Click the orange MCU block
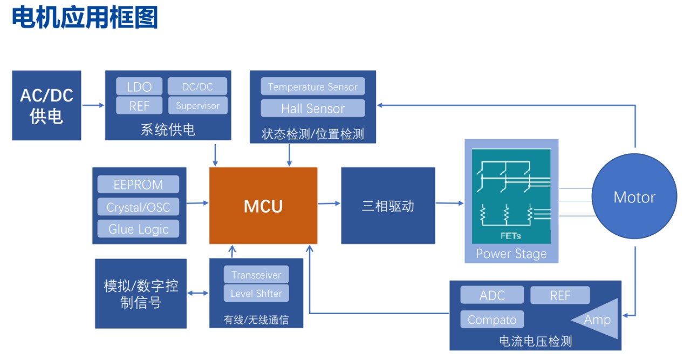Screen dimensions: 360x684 tap(263, 205)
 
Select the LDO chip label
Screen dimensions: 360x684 tap(139, 87)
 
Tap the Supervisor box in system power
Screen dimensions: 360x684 tap(197, 106)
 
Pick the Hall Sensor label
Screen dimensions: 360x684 tap(313, 108)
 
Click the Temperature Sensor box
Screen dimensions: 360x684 tap(313, 87)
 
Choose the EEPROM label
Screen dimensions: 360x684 tap(138, 185)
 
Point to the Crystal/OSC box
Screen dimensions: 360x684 tap(138, 207)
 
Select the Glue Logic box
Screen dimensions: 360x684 tap(138, 229)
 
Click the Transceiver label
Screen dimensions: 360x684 tap(256, 275)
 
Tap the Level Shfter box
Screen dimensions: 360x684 tap(256, 294)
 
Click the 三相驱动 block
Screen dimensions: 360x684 tap(388, 206)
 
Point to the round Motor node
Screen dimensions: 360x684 tap(634, 197)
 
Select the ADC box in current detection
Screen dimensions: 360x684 tap(492, 295)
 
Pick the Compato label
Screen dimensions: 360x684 tap(492, 320)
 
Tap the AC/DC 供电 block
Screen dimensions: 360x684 tap(47, 105)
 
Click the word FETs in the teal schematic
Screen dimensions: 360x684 tap(511, 236)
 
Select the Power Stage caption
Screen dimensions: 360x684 tap(511, 254)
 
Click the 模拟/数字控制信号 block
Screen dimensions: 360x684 tap(141, 294)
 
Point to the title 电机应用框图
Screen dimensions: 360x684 tap(85, 18)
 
